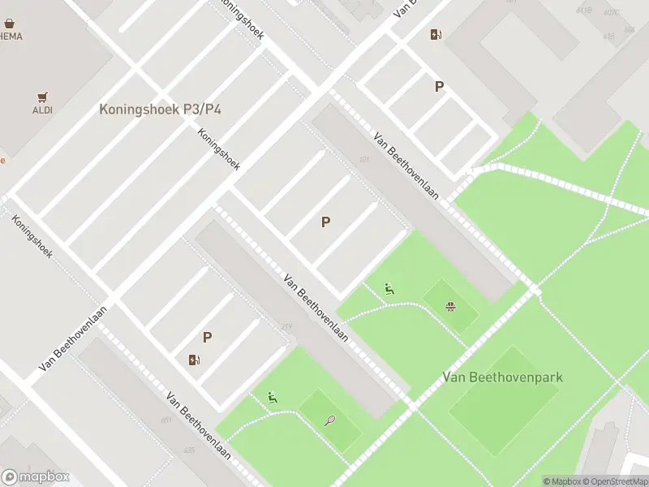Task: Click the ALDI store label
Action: click(x=42, y=110)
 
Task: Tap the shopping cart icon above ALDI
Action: click(x=42, y=97)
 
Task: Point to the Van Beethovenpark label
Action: click(x=503, y=377)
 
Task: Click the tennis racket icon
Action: click(x=330, y=420)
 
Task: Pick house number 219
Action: click(x=286, y=327)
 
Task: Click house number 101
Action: click(x=363, y=159)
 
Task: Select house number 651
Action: click(x=166, y=420)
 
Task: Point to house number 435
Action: click(x=188, y=450)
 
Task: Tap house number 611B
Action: click(x=583, y=11)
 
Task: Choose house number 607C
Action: click(x=611, y=12)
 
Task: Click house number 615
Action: click(x=608, y=36)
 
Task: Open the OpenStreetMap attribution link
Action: click(x=621, y=481)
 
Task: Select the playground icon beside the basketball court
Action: click(x=389, y=287)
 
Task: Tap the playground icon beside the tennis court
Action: click(x=273, y=397)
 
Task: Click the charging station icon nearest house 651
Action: click(x=194, y=360)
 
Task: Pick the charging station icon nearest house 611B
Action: click(x=436, y=34)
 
